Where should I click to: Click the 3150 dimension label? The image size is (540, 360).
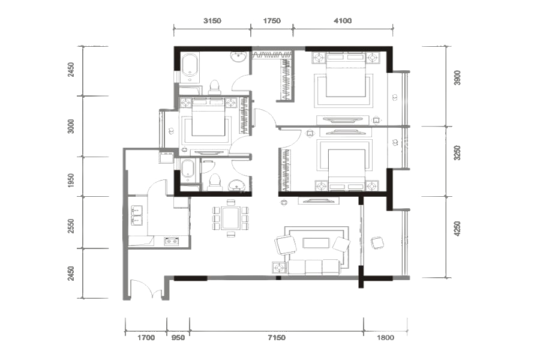(212, 20)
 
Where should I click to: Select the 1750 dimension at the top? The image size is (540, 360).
(272, 20)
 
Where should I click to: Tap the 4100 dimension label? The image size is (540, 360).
(343, 20)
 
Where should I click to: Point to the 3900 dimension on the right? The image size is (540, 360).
(457, 78)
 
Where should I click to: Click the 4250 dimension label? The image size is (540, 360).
(457, 229)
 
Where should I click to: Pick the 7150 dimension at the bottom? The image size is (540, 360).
(277, 338)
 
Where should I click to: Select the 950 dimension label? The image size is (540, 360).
(178, 338)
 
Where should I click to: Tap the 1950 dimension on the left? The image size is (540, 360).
(71, 181)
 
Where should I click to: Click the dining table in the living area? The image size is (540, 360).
(230, 218)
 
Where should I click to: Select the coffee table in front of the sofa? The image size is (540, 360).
(316, 243)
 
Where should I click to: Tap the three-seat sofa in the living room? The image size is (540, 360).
(313, 268)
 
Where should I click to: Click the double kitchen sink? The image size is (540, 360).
(137, 215)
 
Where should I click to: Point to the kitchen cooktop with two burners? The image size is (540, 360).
(172, 241)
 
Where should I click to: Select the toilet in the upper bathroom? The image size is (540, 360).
(215, 87)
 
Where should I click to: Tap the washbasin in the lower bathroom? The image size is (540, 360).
(236, 185)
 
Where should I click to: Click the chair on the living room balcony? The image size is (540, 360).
(378, 243)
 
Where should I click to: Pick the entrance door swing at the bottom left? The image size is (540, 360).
(142, 289)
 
